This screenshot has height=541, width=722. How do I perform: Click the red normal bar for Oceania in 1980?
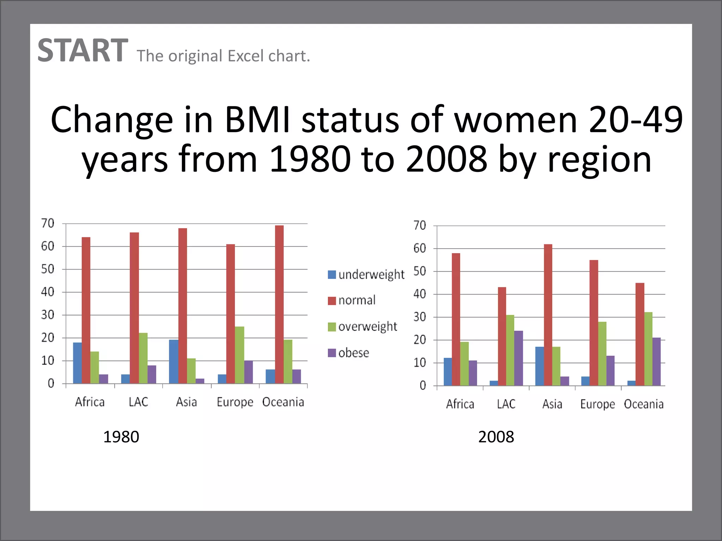coord(279,304)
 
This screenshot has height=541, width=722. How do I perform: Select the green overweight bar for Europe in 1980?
coord(239,355)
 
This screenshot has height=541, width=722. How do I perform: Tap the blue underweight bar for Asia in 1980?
coord(173,362)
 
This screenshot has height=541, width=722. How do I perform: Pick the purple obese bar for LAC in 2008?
coord(519,358)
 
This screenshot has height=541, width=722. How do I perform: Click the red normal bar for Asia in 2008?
coord(548,315)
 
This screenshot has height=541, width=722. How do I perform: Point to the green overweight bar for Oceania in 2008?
coord(648,349)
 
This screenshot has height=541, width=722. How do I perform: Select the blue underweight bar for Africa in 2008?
coord(448,372)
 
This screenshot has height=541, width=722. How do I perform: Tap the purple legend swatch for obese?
coord(332,353)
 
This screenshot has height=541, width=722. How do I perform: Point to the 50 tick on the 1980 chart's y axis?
coord(48,269)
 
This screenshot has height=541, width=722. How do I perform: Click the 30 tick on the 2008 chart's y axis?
coord(420,317)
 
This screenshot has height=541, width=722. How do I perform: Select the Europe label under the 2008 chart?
coord(597,404)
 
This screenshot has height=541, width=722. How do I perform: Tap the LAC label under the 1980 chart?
coord(138,402)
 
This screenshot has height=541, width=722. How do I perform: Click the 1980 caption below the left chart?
coord(121,437)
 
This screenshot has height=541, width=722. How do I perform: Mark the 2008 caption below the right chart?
coord(496,437)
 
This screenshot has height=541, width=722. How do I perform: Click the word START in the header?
coord(82,51)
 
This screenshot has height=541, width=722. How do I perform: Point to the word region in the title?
coord(599,160)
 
